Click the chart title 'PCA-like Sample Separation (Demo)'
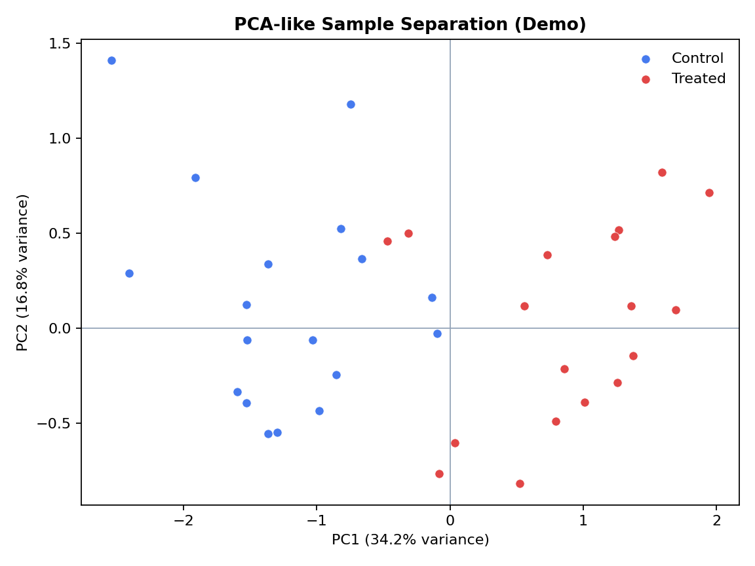[410, 25]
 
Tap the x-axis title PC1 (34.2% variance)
[410, 540]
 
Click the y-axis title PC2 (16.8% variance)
[23, 273]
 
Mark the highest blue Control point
[111, 60]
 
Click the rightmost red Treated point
[709, 193]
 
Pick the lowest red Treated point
[520, 483]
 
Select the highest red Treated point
[662, 172]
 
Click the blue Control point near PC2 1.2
[351, 104]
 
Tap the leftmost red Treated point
[387, 241]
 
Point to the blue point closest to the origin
[437, 333]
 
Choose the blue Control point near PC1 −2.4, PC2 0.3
[129, 273]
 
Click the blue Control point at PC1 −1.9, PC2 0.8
[195, 178]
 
